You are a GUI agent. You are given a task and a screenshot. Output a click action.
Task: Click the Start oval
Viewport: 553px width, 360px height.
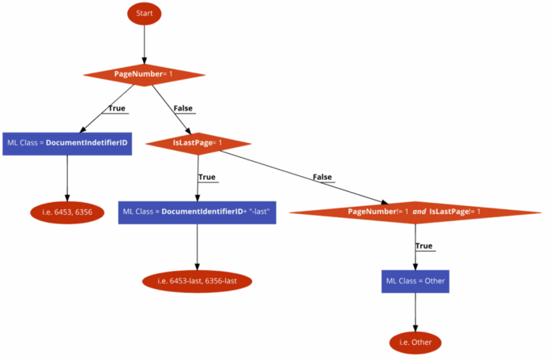145,13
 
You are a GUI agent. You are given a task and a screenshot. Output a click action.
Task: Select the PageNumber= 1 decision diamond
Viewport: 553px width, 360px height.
145,75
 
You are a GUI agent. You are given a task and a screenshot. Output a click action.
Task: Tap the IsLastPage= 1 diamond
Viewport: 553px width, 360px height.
198,144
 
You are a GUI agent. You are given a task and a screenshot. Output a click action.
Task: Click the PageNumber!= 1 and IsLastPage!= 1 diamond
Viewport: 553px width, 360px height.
415,212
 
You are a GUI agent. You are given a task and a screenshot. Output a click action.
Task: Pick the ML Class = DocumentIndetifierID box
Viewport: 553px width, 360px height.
67,144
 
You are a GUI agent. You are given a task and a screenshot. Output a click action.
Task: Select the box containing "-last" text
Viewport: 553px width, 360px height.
197,212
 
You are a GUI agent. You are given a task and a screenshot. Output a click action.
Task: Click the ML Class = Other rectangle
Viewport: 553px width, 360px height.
416,281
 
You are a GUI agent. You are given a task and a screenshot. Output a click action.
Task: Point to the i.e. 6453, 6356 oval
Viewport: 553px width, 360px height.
67,212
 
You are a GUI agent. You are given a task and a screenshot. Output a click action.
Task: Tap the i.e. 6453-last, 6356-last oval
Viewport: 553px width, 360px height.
197,281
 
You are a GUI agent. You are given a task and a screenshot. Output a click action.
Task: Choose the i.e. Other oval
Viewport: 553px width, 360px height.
416,343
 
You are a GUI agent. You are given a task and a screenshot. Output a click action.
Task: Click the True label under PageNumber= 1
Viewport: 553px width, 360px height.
117,108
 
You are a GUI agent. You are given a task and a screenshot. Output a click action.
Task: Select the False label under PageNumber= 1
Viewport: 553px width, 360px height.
183,108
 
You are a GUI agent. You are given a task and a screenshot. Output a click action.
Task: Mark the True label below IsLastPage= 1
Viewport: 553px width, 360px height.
207,177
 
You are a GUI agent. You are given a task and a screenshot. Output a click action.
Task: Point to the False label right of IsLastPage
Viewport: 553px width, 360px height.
322,177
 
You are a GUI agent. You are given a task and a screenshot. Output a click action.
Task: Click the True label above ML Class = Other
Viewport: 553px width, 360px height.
424,246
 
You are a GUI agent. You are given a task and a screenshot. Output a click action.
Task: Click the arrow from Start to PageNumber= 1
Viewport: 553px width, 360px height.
145,44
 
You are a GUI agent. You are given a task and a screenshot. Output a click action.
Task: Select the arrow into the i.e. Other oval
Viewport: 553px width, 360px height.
416,312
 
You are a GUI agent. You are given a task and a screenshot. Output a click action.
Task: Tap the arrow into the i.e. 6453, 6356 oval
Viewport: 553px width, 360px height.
67,178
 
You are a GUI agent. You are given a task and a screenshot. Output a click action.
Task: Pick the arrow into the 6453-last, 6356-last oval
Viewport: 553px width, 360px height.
197,247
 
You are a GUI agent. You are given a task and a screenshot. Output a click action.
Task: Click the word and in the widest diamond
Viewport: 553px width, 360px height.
419,212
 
